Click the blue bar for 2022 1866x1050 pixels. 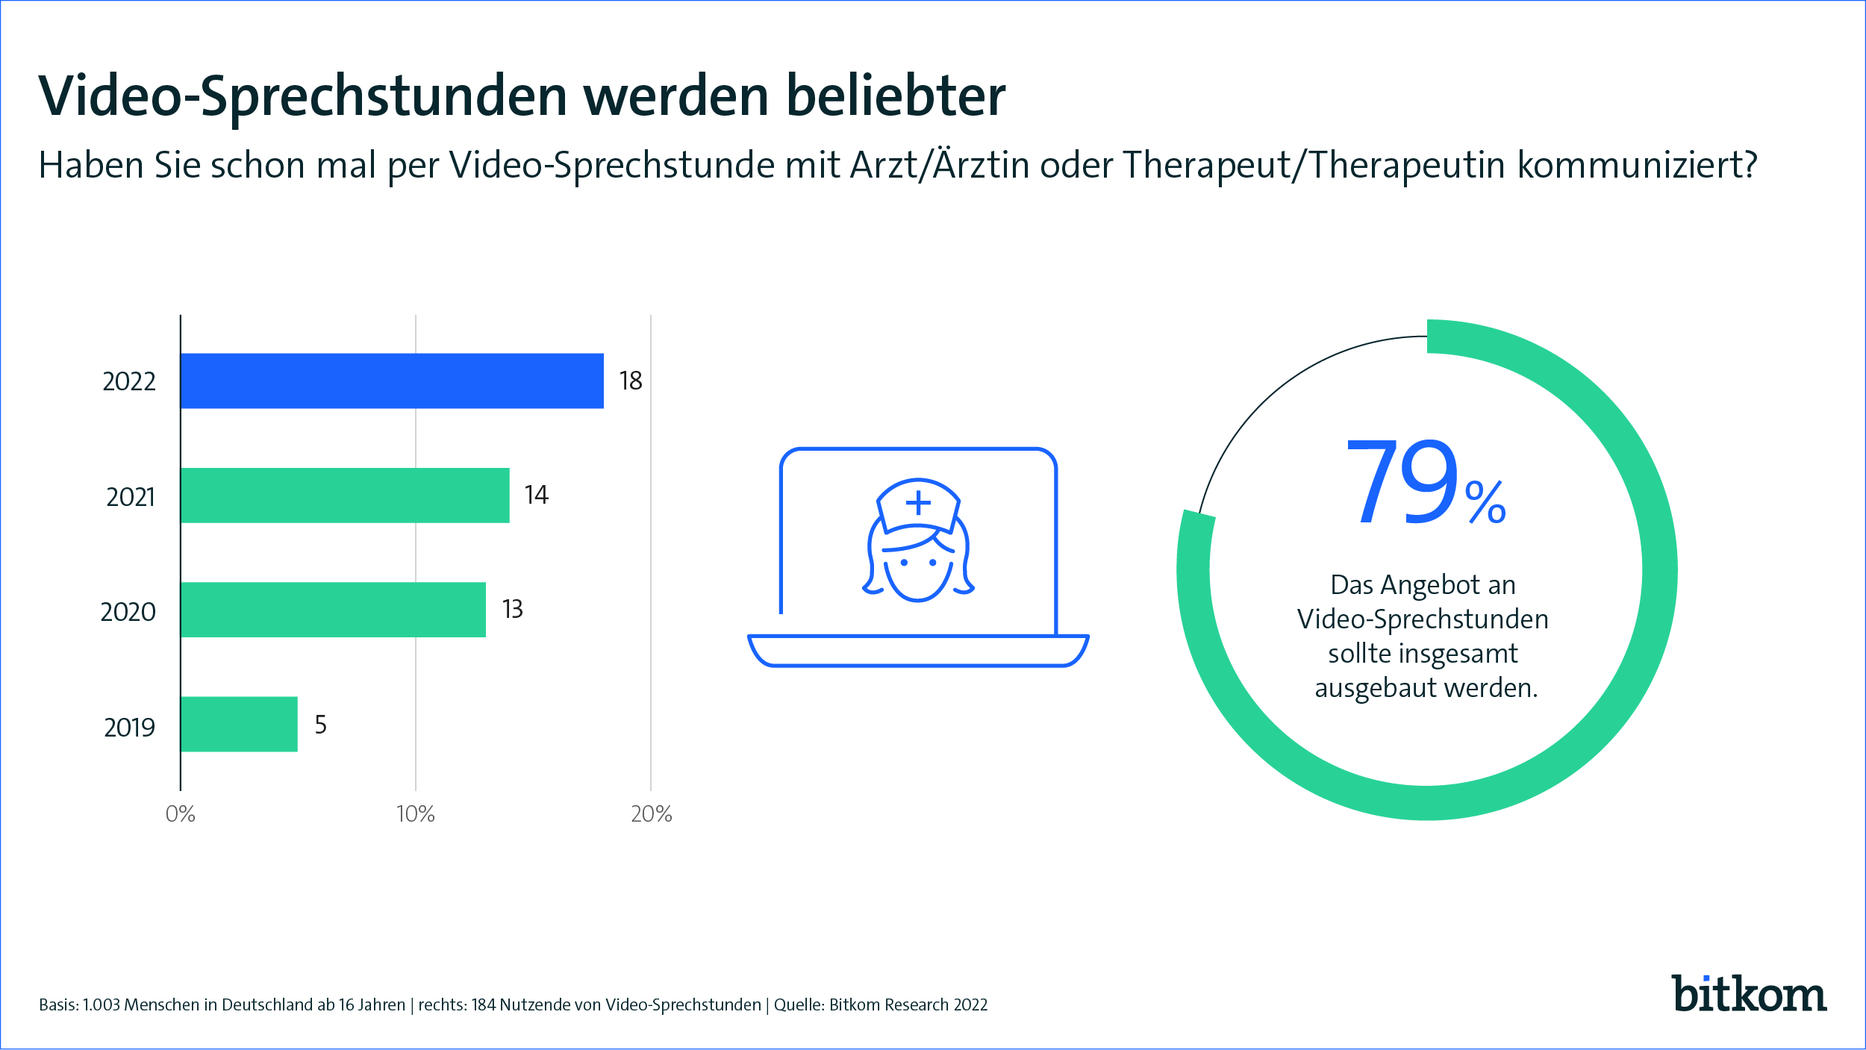coord(392,381)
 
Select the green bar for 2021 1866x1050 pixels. coord(345,496)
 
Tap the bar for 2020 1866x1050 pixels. coord(333,610)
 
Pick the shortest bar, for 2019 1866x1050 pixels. coord(239,724)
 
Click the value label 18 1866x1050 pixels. coord(631,381)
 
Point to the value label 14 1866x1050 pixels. coord(536,496)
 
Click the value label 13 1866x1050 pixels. coord(513,610)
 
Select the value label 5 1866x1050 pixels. coord(321,725)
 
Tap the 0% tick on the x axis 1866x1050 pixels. coord(181,814)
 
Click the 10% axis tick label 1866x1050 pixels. coord(416,814)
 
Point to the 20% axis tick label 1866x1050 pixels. coord(651,814)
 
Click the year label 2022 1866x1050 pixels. coord(129,382)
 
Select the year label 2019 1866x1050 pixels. coord(130,728)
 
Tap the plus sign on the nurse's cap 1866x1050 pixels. coord(918,503)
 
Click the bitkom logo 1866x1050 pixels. coord(1748,994)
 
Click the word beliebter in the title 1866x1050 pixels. coord(896,96)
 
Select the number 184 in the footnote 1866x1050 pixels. coord(484,1005)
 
